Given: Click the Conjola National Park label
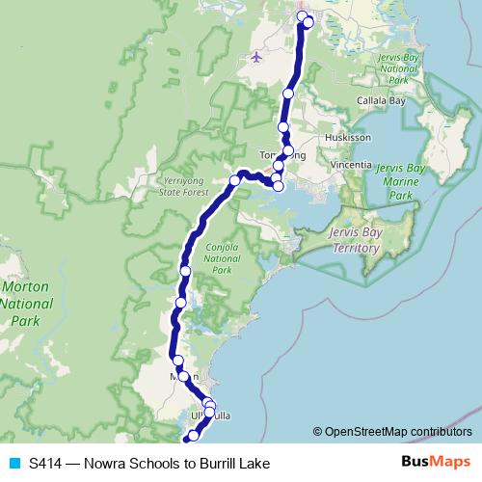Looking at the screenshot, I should coord(223,258).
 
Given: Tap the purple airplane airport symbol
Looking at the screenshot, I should coord(255,56).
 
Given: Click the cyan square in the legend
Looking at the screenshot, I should coord(13,463).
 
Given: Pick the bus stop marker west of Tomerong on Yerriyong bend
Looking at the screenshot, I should coord(234,179).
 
